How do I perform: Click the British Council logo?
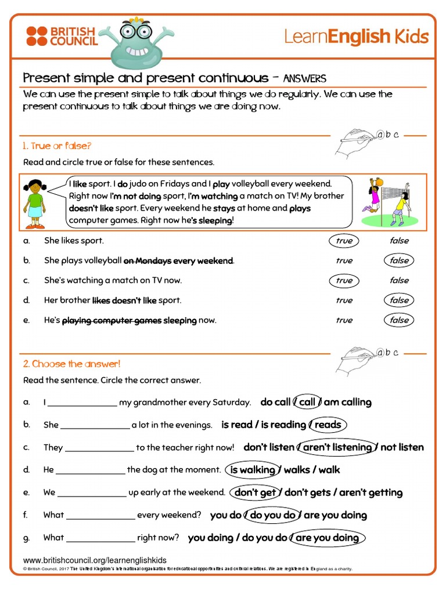(x=60, y=36)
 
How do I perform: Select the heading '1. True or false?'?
(x=57, y=146)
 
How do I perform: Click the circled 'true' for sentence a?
(x=344, y=241)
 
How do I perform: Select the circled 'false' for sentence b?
(x=399, y=260)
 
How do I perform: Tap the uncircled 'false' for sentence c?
(x=399, y=280)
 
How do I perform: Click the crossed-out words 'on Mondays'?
(x=147, y=261)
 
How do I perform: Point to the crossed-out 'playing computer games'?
(x=111, y=320)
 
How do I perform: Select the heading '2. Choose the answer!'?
(x=71, y=364)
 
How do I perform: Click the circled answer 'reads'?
(x=328, y=425)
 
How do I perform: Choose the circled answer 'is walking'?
(x=253, y=470)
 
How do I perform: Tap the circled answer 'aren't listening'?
(x=337, y=447)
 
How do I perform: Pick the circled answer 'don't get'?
(x=255, y=492)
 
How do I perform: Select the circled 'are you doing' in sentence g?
(x=327, y=538)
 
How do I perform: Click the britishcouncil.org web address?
(x=95, y=560)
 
